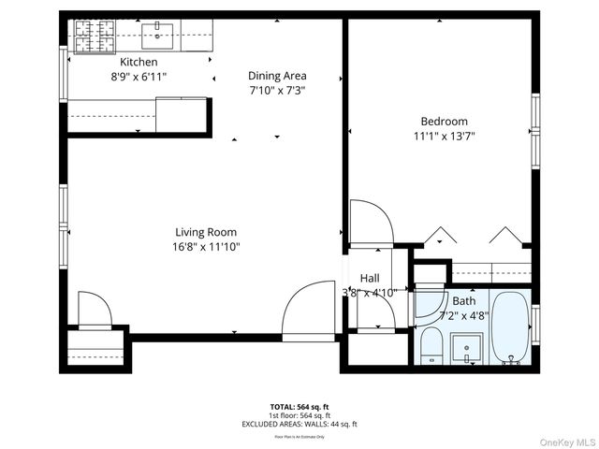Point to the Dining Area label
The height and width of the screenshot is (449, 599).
point(277,76)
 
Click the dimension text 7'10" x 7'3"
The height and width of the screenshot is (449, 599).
point(277,91)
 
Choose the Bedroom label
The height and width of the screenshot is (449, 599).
point(444,121)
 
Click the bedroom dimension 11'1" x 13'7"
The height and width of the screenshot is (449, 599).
point(444,136)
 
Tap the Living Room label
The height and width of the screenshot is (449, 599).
point(206,232)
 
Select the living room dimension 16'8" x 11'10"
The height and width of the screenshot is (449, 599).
point(206,247)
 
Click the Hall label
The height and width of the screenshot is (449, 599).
point(370,278)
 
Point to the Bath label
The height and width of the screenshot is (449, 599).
point(463,301)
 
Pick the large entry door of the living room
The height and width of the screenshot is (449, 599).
point(309,311)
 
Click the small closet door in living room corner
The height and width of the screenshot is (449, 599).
point(95,310)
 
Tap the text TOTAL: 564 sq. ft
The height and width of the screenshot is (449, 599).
point(299,407)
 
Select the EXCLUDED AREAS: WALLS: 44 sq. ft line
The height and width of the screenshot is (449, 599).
point(299,424)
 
